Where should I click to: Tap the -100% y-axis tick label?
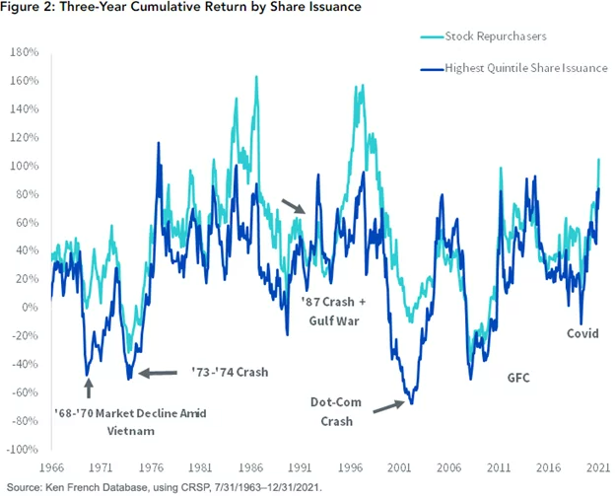20,450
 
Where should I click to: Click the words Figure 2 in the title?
33,8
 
